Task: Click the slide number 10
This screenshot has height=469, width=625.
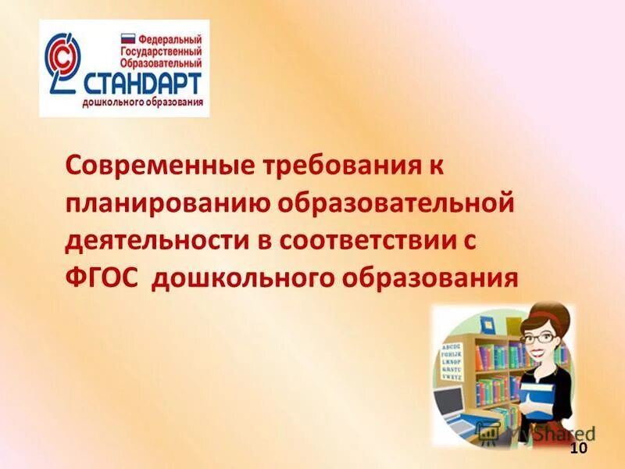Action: click(578, 448)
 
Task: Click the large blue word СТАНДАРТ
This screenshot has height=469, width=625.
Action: click(143, 84)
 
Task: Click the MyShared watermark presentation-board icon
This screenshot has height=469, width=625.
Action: click(490, 432)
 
